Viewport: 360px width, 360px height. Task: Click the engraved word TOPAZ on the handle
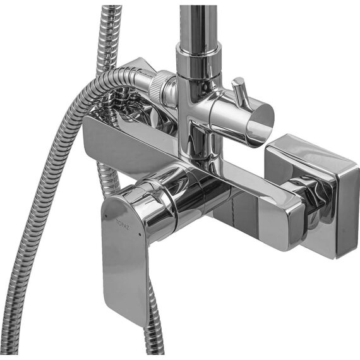[123, 224]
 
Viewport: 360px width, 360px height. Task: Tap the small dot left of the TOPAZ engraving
[106, 216]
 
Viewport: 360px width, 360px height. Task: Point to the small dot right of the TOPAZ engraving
[140, 234]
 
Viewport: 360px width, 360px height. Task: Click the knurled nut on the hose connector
[159, 87]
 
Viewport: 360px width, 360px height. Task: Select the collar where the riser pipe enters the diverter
[199, 60]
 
